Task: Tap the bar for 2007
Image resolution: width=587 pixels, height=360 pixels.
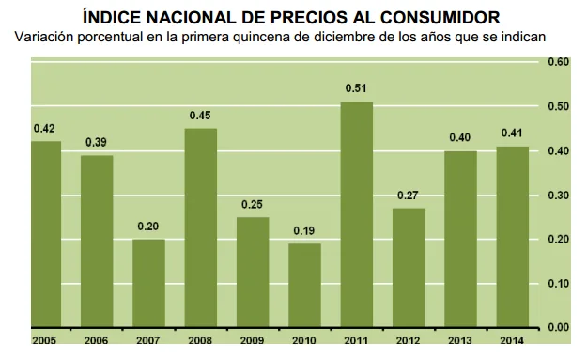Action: click(x=148, y=283)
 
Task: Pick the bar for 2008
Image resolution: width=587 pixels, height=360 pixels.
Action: click(x=200, y=227)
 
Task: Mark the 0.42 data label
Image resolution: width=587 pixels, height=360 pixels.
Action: click(x=44, y=129)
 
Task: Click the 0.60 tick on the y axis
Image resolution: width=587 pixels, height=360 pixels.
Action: click(x=558, y=62)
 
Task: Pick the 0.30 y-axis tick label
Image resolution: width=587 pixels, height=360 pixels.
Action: click(x=558, y=195)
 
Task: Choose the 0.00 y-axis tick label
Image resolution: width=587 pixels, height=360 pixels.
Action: click(x=558, y=327)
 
